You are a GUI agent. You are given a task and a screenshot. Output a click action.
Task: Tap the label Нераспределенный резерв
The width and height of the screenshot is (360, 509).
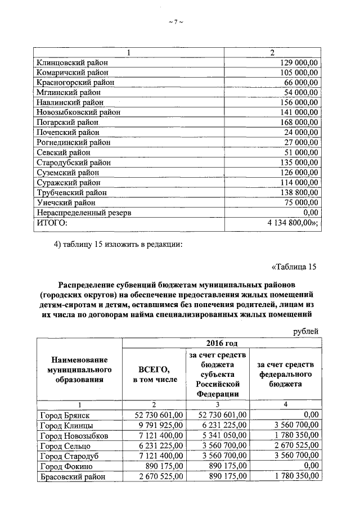coord(83,213)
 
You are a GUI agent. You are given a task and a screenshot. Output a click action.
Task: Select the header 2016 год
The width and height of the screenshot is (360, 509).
coord(221,343)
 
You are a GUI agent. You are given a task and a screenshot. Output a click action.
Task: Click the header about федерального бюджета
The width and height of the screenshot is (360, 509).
coord(285,373)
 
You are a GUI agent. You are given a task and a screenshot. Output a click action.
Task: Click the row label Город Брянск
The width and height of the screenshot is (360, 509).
coord(65,415)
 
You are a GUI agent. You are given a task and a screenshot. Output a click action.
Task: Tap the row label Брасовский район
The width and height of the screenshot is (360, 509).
coord(70,476)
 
